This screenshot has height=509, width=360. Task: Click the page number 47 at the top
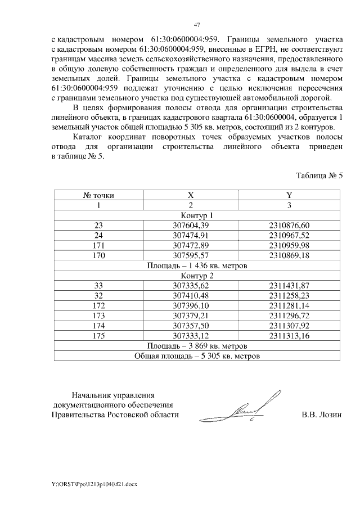[x=197, y=25]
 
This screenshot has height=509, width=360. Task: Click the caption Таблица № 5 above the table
[x=319, y=175]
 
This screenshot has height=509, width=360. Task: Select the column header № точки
[x=98, y=195]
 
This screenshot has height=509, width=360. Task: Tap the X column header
[x=191, y=195]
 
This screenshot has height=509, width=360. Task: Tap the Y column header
[x=289, y=195]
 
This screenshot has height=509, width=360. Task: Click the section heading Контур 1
[x=197, y=215]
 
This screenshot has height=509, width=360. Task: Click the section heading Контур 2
[x=197, y=276]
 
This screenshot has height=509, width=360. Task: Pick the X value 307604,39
[x=191, y=225]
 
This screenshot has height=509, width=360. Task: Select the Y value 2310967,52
[x=289, y=235]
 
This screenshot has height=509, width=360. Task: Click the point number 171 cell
[x=98, y=245]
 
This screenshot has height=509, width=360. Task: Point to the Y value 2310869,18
[x=289, y=255]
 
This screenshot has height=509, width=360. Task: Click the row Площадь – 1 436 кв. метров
[x=197, y=265]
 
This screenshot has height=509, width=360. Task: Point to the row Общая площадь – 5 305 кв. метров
[x=197, y=356]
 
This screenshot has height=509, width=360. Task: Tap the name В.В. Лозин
[x=322, y=415]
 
